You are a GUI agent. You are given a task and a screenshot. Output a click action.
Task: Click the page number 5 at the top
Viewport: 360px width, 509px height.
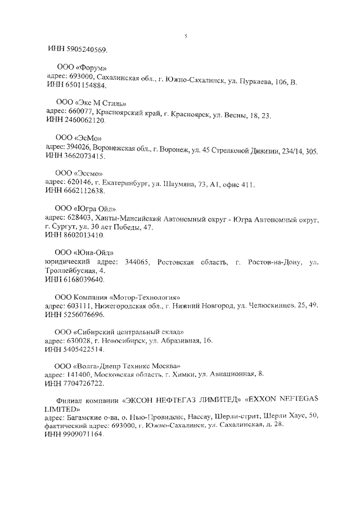click(x=185, y=37)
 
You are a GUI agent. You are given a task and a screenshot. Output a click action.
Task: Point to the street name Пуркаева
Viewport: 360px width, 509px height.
click(x=255, y=82)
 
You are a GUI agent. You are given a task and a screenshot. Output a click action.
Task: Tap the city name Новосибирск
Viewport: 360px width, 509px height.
click(x=123, y=340)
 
